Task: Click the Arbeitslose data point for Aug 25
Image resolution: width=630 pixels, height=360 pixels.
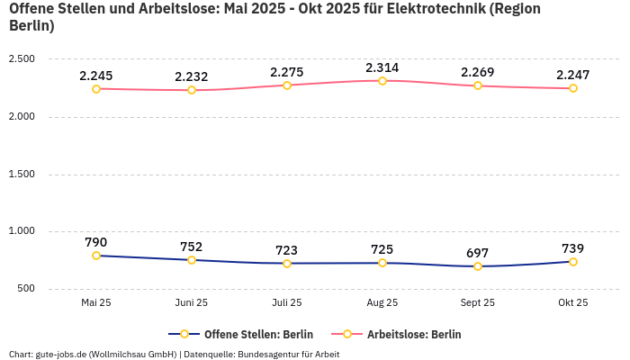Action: click(x=382, y=81)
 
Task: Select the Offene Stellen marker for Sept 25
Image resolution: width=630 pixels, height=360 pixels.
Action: click(x=478, y=266)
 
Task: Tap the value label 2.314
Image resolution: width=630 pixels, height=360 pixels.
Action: click(x=382, y=67)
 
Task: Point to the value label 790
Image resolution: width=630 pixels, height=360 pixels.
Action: click(x=96, y=242)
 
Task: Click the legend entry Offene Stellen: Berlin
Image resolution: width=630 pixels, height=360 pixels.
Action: click(x=240, y=334)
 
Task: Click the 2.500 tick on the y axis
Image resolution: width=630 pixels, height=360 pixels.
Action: click(x=21, y=59)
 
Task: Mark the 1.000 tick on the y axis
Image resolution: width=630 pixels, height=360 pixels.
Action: click(x=21, y=231)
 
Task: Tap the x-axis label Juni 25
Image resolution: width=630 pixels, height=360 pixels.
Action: click(x=192, y=303)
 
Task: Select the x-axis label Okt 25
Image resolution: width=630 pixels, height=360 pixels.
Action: click(x=573, y=303)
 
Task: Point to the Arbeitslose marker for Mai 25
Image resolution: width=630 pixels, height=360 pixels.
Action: click(x=96, y=89)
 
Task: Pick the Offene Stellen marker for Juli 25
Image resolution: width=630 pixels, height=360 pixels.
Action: click(x=287, y=264)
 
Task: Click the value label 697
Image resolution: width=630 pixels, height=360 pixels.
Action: click(x=478, y=253)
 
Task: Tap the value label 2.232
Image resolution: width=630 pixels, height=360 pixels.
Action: click(x=192, y=77)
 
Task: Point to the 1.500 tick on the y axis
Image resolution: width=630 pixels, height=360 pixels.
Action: click(x=21, y=175)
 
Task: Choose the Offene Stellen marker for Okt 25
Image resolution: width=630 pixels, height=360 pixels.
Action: click(x=573, y=262)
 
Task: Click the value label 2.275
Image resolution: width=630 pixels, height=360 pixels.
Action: click(x=287, y=72)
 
